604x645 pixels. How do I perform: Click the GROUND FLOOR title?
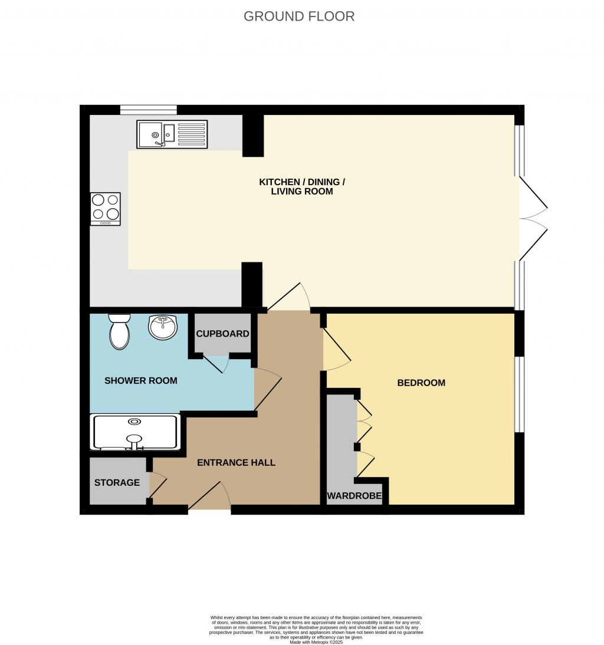[299, 17]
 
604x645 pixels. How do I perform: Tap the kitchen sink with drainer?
[172, 134]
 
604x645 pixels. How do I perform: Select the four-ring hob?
[106, 209]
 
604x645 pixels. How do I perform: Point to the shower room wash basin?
[163, 327]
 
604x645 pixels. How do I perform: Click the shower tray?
[135, 433]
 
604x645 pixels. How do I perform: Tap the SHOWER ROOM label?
[140, 381]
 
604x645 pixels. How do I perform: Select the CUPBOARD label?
[222, 334]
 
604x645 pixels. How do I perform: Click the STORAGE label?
[117, 482]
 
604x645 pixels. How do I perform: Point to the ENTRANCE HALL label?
[236, 463]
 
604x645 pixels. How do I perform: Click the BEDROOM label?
[421, 383]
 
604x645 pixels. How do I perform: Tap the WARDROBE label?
[354, 496]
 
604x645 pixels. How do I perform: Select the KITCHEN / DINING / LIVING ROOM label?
[301, 186]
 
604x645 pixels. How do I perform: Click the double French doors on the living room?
[533, 218]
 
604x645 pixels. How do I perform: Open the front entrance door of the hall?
[209, 496]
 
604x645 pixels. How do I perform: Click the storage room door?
[157, 485]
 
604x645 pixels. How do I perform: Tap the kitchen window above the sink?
[148, 110]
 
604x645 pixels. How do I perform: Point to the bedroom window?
[519, 394]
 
